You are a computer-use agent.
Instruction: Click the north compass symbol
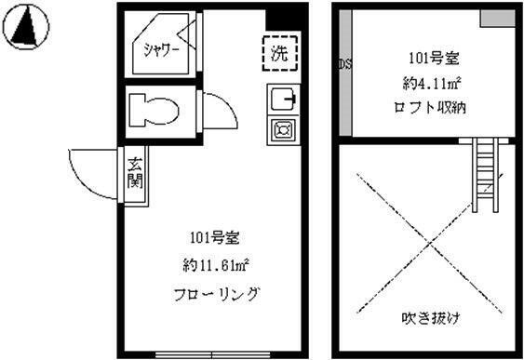[26, 27]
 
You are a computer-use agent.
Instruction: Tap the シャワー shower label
[162, 50]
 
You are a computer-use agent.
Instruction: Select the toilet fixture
[154, 110]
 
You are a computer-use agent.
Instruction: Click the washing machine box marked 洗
[280, 53]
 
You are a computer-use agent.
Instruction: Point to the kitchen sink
[283, 99]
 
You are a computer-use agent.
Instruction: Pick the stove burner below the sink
[283, 129]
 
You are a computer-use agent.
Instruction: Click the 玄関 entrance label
[135, 173]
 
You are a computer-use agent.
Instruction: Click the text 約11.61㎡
[216, 265]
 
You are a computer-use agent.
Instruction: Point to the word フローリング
[216, 294]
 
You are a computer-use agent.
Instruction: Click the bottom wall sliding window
[213, 354]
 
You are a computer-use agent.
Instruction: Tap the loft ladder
[485, 175]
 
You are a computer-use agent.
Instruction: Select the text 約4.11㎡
[432, 84]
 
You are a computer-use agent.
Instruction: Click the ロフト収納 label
[430, 107]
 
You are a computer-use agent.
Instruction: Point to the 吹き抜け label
[430, 317]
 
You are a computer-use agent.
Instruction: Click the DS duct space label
[345, 63]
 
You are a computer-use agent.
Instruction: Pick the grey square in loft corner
[498, 19]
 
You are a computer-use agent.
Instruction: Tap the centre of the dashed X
[430, 243]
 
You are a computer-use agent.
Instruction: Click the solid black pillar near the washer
[283, 20]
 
